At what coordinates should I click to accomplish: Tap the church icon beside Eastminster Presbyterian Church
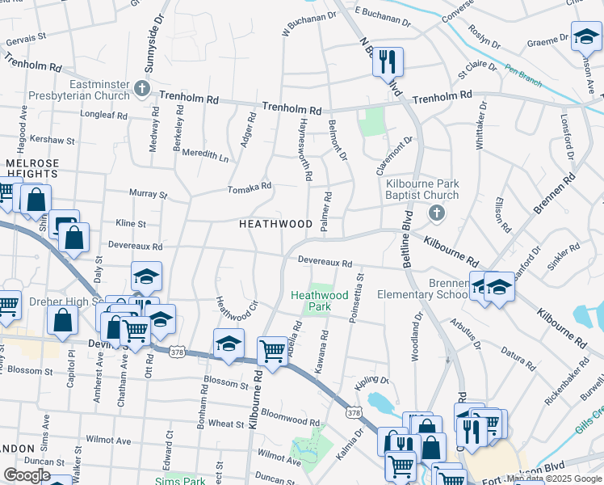[143, 88]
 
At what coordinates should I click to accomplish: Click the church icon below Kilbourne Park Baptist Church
[436, 213]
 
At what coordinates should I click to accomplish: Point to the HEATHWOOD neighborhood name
[275, 224]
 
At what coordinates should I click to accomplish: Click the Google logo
[27, 475]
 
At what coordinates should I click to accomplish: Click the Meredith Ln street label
[204, 154]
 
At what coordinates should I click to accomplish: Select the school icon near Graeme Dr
[585, 36]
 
